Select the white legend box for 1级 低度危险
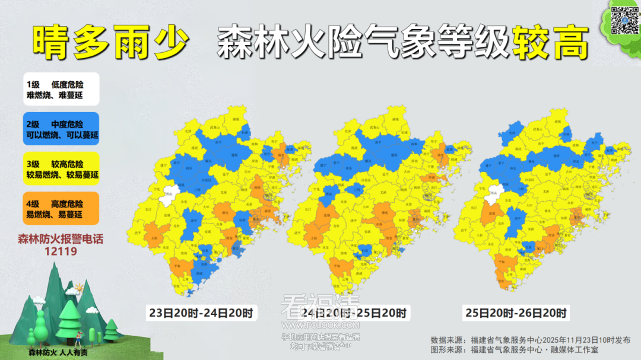click(x=61, y=89)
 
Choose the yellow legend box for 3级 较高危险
click(x=61, y=169)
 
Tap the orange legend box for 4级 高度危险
click(x=61, y=208)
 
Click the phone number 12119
click(x=61, y=251)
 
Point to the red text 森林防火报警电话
click(x=61, y=240)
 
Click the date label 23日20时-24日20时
click(x=201, y=313)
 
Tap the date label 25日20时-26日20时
click(x=516, y=313)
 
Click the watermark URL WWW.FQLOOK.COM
click(x=321, y=326)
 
